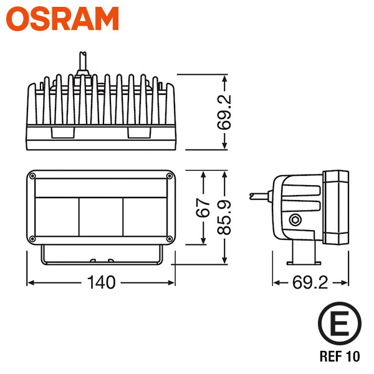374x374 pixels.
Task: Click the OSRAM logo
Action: pos(62,19)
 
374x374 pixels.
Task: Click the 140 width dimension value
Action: pos(101,282)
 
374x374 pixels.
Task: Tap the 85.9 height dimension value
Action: pos(224,218)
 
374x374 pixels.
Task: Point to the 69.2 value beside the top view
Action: pos(224,112)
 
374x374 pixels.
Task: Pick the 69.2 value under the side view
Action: pos(310,282)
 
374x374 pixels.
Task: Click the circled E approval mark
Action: pos(340,324)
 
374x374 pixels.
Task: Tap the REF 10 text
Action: pos(340,356)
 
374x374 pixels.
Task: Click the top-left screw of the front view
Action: pos(32,176)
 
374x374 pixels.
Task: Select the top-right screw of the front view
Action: pos(170,176)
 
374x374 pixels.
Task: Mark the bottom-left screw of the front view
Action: pos(32,239)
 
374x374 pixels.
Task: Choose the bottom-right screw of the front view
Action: pos(170,239)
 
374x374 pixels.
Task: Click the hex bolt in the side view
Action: pos(295,220)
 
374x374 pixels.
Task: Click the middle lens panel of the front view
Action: pos(101,217)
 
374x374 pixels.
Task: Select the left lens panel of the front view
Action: pos(57,217)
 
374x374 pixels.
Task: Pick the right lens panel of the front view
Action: pos(145,217)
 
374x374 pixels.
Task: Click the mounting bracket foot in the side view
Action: pos(304,263)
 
